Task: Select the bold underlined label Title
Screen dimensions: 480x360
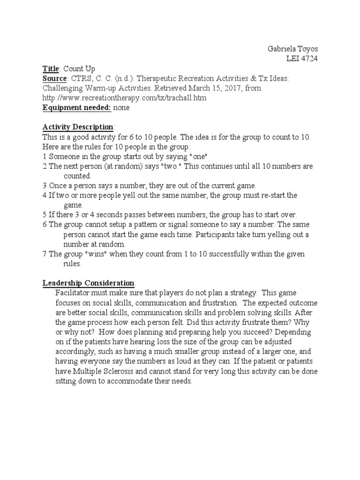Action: coord(51,68)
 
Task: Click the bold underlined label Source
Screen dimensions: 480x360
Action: coord(55,78)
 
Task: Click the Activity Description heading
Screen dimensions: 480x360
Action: coord(78,127)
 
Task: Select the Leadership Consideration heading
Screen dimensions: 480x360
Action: coord(88,283)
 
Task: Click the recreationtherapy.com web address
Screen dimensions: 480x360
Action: coord(124,98)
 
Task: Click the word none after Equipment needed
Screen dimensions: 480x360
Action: coord(121,108)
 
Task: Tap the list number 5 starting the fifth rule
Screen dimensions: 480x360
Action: coord(45,215)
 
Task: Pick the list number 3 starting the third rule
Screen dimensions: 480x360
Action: coord(45,186)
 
